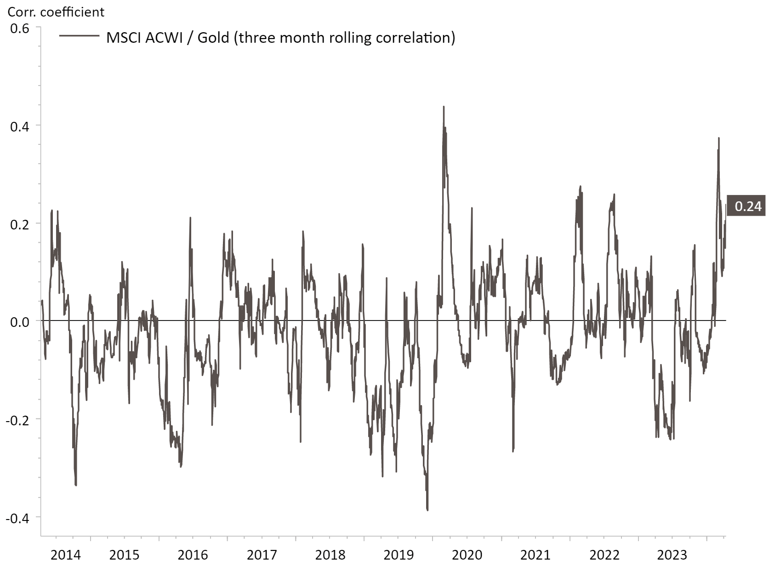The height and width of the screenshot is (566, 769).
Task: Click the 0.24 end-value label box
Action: point(748,206)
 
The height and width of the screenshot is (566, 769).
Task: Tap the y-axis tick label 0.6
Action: point(19,29)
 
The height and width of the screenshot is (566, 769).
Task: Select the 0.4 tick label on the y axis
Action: point(19,126)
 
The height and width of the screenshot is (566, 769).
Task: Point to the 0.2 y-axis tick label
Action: point(19,224)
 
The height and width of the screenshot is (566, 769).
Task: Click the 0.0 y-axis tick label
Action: point(19,321)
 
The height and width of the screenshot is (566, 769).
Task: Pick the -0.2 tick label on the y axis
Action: point(17,420)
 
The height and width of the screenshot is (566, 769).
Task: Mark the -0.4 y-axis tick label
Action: point(17,518)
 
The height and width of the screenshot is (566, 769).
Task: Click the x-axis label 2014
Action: point(66,555)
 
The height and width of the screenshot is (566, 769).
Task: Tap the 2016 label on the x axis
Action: point(193,555)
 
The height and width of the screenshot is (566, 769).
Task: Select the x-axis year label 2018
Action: point(330,555)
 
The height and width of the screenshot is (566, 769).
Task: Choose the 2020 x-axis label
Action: point(467,555)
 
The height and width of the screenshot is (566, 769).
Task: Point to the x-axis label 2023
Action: point(672,555)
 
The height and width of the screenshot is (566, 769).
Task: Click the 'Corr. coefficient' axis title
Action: point(56,11)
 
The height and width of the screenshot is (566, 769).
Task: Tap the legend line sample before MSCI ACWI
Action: point(79,36)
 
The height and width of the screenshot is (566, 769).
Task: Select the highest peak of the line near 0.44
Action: point(444,107)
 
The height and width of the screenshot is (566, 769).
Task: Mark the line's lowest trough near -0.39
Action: point(427,510)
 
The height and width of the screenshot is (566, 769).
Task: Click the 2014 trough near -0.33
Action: point(76,485)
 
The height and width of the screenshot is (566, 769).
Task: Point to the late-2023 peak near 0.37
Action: point(718,138)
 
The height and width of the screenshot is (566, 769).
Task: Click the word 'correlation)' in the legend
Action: point(416,37)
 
